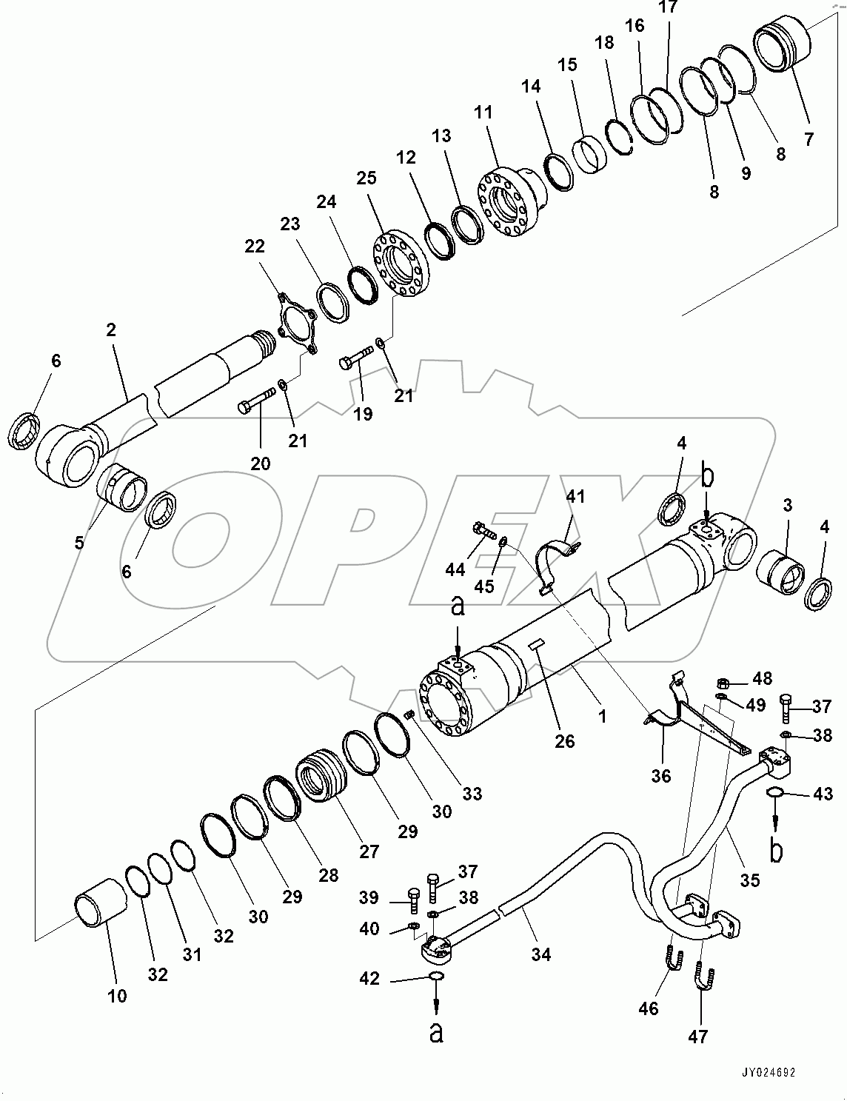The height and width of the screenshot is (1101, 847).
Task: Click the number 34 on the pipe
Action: (x=541, y=954)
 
